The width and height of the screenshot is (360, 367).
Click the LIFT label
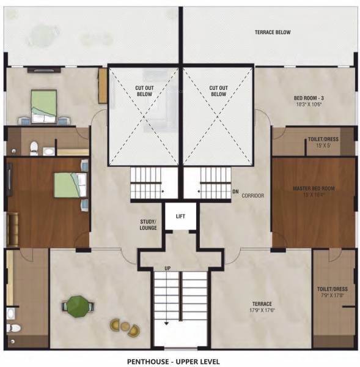click(179, 217)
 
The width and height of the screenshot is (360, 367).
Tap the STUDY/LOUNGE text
click(149, 224)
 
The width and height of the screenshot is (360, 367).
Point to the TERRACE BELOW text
click(272, 32)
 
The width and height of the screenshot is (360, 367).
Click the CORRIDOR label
click(252, 196)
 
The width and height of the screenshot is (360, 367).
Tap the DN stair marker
click(235, 191)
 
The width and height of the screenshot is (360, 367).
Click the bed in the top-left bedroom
click(43, 105)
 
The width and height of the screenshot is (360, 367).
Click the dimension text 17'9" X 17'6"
click(263, 310)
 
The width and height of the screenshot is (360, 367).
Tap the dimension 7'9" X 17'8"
click(332, 295)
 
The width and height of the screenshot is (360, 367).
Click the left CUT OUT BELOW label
click(145, 91)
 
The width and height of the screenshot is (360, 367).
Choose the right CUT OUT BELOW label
click(218, 91)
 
